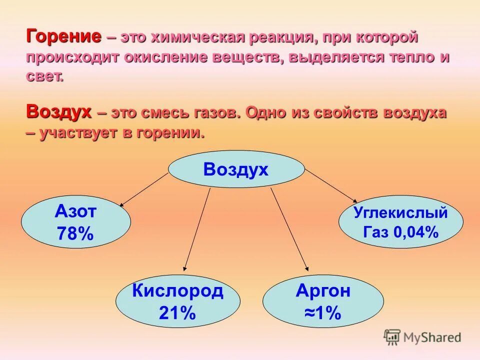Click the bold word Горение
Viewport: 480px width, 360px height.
coord(63,37)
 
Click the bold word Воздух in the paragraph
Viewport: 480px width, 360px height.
coord(58,112)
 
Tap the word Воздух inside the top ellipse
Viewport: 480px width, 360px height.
coord(236,169)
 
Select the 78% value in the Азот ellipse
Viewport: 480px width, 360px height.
coord(75,233)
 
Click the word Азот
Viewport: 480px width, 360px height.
coord(75,212)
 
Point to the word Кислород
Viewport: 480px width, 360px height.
coord(177,291)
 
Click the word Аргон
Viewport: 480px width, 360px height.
coord(323,291)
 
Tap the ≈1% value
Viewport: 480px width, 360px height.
coord(322,313)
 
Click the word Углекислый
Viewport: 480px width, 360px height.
coord(400,212)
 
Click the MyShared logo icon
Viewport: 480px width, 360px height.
coord(392,337)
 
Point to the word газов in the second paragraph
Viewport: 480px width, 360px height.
coord(215,113)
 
